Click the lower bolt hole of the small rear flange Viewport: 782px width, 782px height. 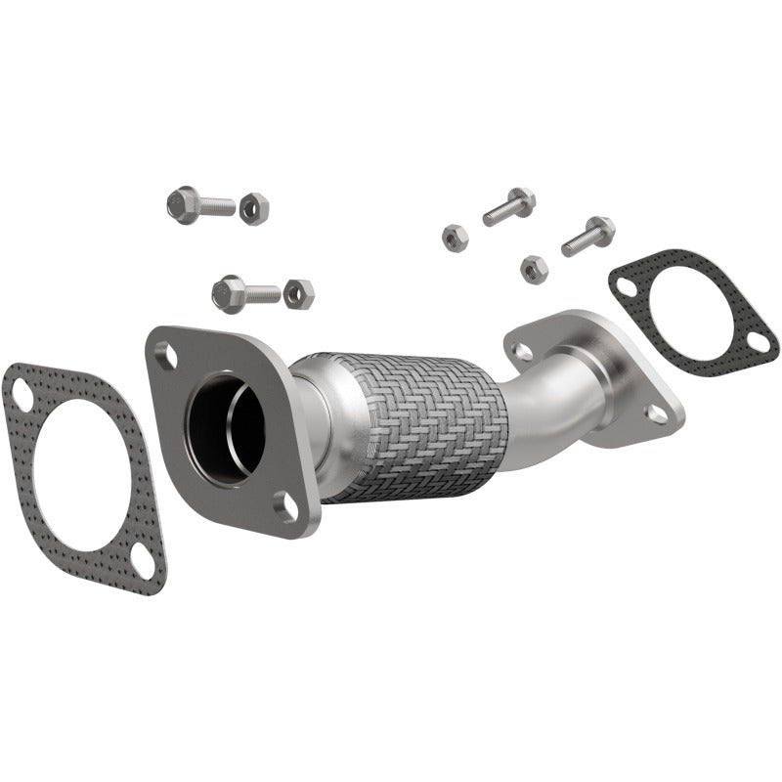pyautogui.click(x=657, y=413)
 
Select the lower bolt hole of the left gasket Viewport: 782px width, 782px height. pyautogui.click(x=142, y=564)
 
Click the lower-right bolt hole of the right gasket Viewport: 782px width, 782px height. pyautogui.click(x=758, y=341)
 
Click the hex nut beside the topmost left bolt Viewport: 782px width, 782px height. pyautogui.click(x=253, y=207)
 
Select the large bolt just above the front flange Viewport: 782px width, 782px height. pyautogui.click(x=244, y=290)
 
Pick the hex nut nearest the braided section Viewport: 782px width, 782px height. pyautogui.click(x=299, y=292)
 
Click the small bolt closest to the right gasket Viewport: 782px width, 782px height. pyautogui.click(x=588, y=236)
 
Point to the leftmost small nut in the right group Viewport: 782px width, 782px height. pyautogui.click(x=455, y=237)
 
